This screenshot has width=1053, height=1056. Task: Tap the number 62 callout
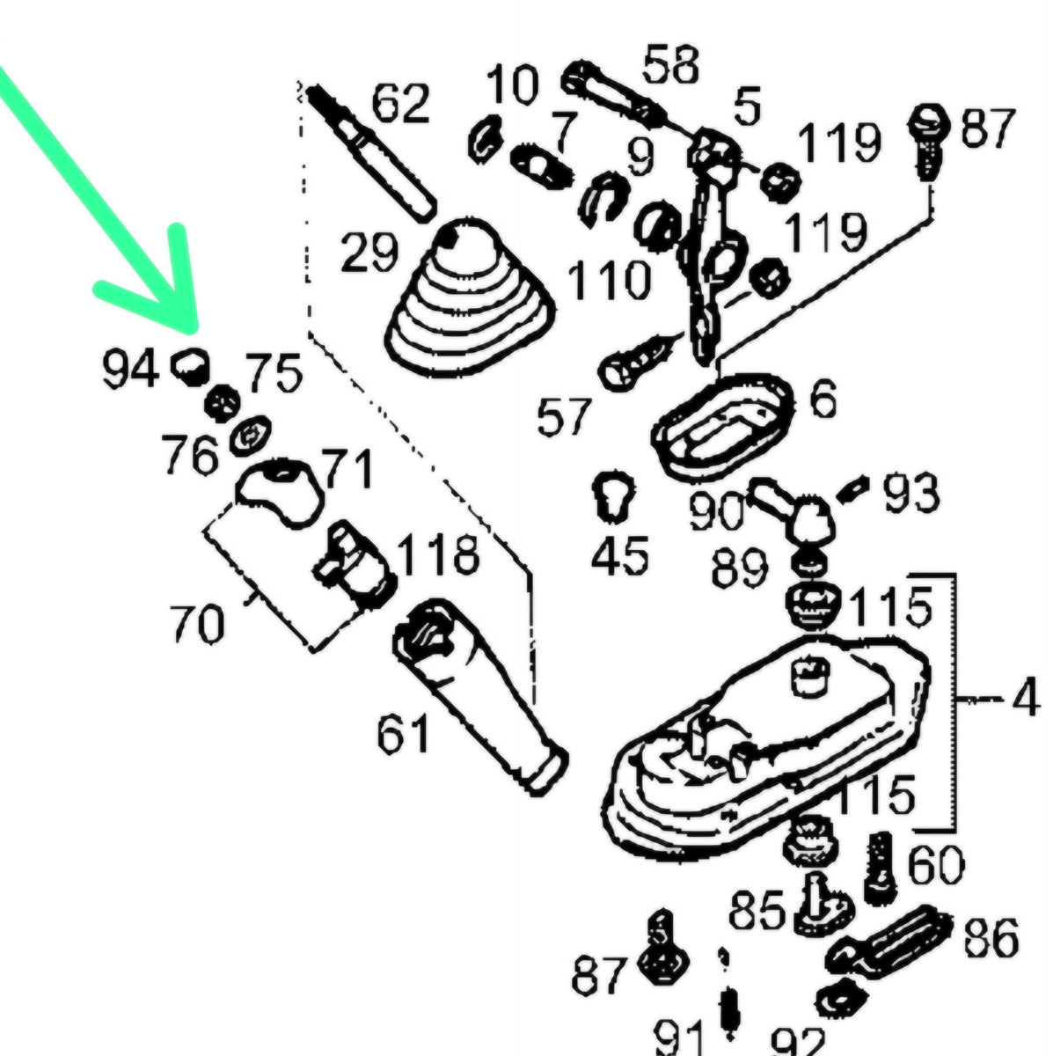click(400, 104)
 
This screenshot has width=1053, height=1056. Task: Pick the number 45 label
click(621, 556)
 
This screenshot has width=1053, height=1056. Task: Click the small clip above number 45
click(614, 495)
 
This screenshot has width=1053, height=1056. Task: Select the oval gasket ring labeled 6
click(720, 427)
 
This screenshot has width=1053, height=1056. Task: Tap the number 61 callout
click(404, 735)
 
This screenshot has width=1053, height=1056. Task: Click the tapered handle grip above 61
click(479, 695)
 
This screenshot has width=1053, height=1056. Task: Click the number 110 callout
click(610, 282)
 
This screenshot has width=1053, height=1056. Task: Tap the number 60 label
click(933, 867)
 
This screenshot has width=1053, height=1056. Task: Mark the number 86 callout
click(991, 938)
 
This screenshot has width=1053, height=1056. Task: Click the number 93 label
click(911, 495)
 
